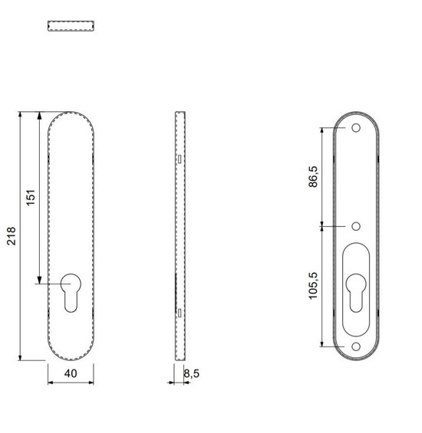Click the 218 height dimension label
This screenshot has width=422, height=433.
pos(12,236)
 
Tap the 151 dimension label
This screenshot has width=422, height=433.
pos(31,197)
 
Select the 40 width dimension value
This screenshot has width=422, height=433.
pos(71,373)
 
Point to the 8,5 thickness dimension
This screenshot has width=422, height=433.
pos(192,374)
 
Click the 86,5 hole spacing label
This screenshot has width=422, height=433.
pos(313,177)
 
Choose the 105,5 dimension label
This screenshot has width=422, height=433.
pos(313,286)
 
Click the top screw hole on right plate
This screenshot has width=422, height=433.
pos(356,128)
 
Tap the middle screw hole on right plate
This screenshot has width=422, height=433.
pos(356,226)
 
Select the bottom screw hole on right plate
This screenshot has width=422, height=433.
pos(356,346)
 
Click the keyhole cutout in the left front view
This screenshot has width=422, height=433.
pos(71,293)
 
